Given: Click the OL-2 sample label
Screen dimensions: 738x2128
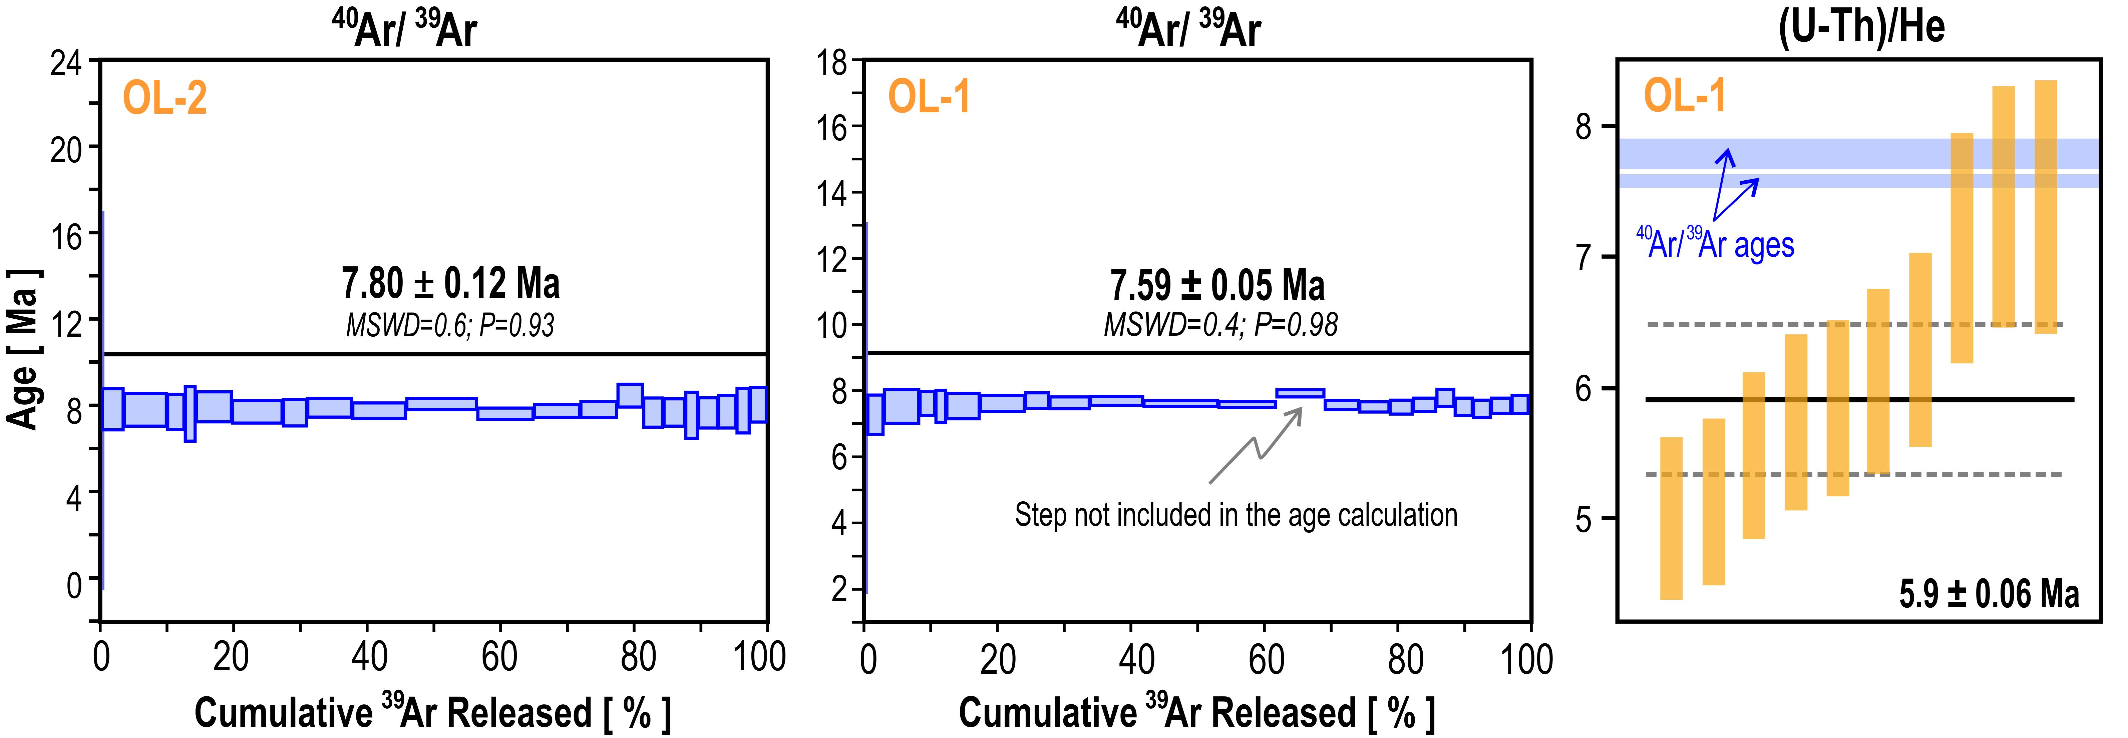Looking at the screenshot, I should (164, 98).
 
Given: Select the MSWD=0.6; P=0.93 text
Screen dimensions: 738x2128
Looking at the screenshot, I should (450, 325).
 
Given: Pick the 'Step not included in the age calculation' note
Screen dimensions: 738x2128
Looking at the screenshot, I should (1236, 515).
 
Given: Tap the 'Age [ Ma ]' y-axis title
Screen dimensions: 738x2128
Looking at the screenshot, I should (23, 348).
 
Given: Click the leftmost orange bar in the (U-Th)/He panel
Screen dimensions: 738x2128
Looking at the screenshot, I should (1671, 518).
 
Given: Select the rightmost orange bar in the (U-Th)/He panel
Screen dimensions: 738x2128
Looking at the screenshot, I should (2045, 206).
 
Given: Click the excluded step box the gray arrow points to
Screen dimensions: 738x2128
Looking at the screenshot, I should (1300, 393).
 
